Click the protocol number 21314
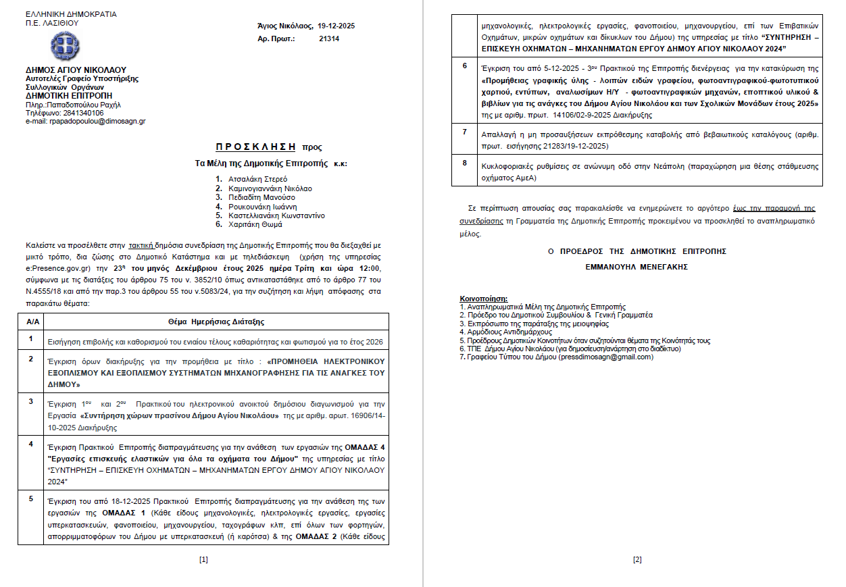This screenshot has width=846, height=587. (329, 39)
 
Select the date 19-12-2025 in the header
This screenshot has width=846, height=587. (336, 26)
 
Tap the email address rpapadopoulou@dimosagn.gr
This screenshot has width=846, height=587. (97, 122)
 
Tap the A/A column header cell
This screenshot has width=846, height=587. (32, 322)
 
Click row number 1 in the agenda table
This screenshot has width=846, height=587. (30, 338)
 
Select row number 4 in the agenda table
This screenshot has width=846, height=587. (30, 444)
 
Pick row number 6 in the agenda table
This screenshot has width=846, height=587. (464, 66)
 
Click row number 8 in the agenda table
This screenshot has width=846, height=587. (464, 163)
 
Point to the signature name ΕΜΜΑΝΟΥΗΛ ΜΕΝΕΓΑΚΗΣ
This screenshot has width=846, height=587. (637, 267)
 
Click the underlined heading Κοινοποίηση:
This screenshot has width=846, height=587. (483, 299)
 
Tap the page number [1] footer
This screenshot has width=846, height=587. (203, 559)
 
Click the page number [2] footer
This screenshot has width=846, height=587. (637, 559)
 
